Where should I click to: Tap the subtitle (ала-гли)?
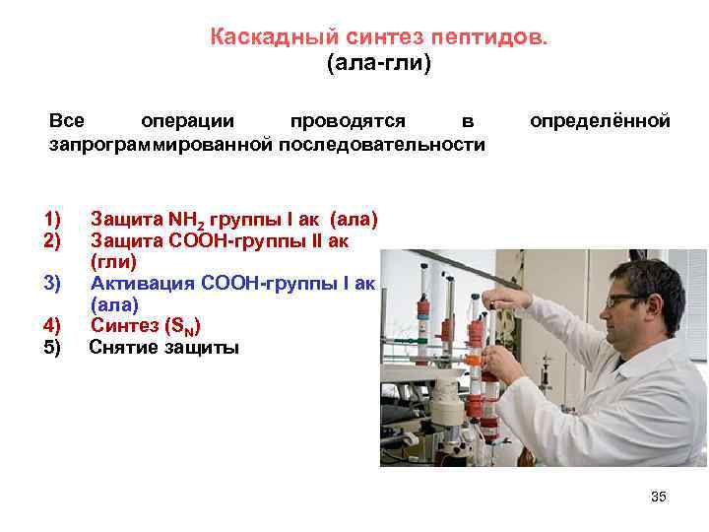coord(378,64)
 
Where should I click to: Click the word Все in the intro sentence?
coord(67,121)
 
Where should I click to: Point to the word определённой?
coord(600,121)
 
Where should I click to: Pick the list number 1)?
coord(52,218)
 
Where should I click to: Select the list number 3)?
coord(52,283)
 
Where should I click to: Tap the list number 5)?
coord(52,347)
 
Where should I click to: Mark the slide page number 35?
coord(659,497)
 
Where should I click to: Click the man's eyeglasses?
coord(627,300)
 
